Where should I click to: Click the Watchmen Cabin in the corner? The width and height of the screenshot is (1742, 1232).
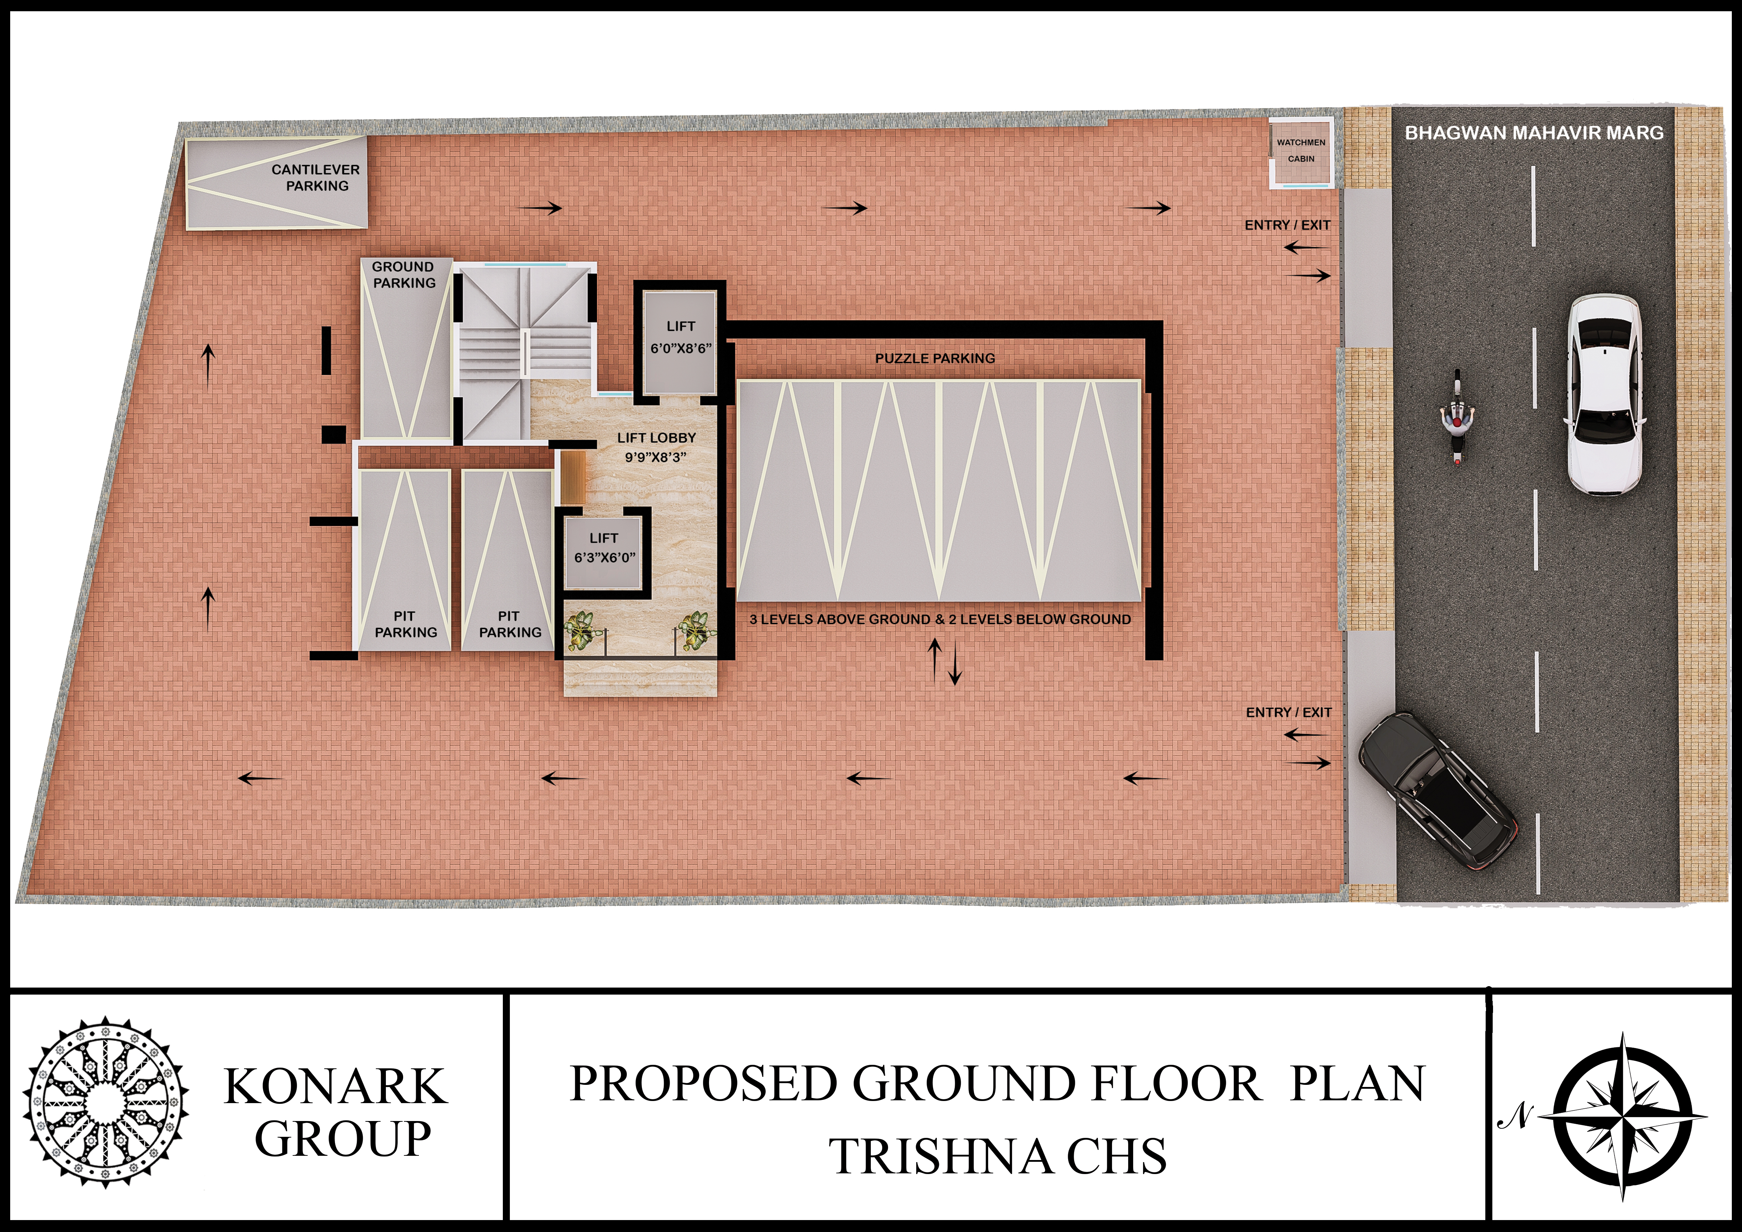point(1301,152)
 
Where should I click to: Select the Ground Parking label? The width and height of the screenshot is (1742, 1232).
point(404,275)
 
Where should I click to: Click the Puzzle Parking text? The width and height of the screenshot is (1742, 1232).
point(935,358)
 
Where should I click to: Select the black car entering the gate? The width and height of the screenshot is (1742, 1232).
point(1437,790)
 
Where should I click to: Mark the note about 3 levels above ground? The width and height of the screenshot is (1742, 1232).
point(940,619)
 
